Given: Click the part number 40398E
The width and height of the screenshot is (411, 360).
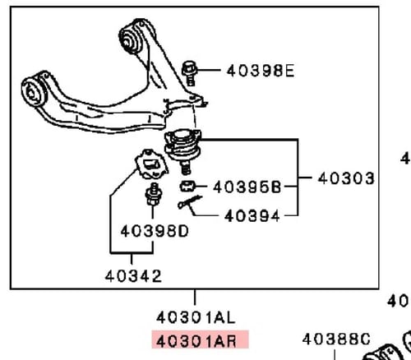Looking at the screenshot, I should pos(260,71).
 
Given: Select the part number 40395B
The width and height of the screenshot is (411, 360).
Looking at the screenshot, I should pos(247,186).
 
